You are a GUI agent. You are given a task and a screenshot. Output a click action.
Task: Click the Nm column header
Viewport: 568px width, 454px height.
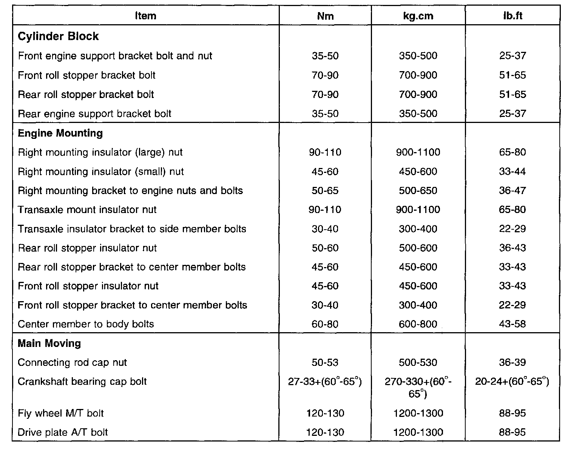[x=325, y=16]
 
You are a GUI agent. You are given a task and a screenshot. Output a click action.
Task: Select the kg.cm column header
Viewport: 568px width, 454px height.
[x=418, y=16]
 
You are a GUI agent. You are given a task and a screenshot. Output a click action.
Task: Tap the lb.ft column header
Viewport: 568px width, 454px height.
[x=512, y=16]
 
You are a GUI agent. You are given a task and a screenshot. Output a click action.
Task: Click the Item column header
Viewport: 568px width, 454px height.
[x=145, y=16]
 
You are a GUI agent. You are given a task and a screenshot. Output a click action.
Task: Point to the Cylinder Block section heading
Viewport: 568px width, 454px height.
[x=58, y=36]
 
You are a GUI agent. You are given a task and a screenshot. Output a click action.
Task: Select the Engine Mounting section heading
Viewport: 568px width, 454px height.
[x=60, y=133]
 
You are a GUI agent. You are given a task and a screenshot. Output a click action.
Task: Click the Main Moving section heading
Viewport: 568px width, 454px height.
[x=49, y=344]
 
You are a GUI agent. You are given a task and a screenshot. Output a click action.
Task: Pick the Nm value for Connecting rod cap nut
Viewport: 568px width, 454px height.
[x=325, y=362]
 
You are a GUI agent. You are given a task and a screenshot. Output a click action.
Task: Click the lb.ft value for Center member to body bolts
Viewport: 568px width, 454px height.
[x=512, y=324]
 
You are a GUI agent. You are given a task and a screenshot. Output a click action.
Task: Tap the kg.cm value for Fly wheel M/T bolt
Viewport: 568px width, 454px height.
[x=418, y=413]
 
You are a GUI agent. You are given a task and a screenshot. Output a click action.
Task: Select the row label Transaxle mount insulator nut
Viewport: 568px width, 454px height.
[x=87, y=210]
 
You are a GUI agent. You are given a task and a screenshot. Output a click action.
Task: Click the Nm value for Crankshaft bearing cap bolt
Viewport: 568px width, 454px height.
[x=325, y=382]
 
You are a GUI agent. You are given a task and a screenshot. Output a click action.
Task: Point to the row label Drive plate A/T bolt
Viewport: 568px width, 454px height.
[x=63, y=432]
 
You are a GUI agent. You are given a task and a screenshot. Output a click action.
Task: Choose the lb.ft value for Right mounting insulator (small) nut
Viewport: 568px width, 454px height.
[x=512, y=172]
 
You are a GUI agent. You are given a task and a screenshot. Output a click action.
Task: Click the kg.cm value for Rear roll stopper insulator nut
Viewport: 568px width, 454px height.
[x=418, y=248]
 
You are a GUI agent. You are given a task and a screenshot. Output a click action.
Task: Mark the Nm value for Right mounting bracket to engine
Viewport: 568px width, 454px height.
[x=325, y=191]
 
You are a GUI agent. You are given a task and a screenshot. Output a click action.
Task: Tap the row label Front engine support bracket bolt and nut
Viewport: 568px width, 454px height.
[x=115, y=56]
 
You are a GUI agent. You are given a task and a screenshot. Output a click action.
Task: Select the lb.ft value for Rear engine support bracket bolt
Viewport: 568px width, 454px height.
[x=512, y=113]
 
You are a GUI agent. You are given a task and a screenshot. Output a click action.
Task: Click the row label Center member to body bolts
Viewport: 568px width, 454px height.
[x=86, y=324]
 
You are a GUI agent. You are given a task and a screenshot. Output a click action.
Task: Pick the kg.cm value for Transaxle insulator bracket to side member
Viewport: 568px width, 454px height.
[x=418, y=229]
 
